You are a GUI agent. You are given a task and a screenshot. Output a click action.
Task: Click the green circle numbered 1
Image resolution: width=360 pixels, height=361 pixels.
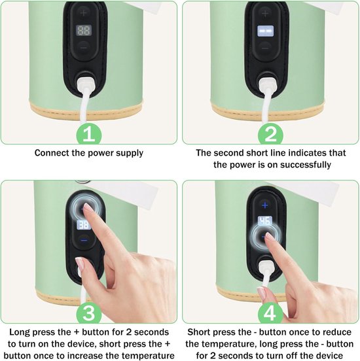pyautogui.click(x=89, y=135)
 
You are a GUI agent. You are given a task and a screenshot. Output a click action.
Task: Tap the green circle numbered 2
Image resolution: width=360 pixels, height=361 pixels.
pyautogui.click(x=270, y=135)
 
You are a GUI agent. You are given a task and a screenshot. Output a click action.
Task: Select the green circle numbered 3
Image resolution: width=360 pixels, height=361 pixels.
pyautogui.click(x=89, y=313)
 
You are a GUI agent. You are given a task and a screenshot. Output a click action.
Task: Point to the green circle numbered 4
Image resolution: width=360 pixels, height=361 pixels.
pyautogui.click(x=270, y=313)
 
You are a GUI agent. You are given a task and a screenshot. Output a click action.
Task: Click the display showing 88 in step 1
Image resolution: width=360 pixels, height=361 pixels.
pyautogui.click(x=84, y=31)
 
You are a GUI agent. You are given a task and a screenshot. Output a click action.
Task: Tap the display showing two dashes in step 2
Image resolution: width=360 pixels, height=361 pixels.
pyautogui.click(x=265, y=31)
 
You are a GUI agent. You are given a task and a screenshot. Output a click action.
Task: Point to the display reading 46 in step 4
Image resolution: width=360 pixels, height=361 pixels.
pyautogui.click(x=265, y=221)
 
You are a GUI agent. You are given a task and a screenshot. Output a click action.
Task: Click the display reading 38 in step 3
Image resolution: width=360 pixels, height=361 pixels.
pyautogui.click(x=84, y=225)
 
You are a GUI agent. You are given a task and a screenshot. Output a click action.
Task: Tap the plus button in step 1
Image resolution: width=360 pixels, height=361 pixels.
pyautogui.click(x=83, y=13)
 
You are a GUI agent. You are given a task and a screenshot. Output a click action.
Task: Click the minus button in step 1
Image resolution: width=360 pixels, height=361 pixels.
pyautogui.click(x=83, y=48)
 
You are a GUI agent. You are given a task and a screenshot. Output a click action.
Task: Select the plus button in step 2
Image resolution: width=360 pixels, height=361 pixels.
pyautogui.click(x=265, y=13)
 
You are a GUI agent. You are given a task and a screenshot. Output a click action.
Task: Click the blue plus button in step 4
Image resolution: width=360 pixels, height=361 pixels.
pyautogui.click(x=265, y=205)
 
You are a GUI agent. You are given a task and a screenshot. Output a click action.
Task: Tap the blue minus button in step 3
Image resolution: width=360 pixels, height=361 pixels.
pyautogui.click(x=84, y=241)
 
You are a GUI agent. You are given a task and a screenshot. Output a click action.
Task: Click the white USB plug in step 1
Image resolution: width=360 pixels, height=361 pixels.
pyautogui.click(x=86, y=85)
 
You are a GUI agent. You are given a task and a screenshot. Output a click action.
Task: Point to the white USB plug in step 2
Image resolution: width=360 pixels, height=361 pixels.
pyautogui.click(x=267, y=86)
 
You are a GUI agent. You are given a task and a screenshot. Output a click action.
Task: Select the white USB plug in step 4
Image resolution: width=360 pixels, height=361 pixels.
pyautogui.click(x=266, y=267)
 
